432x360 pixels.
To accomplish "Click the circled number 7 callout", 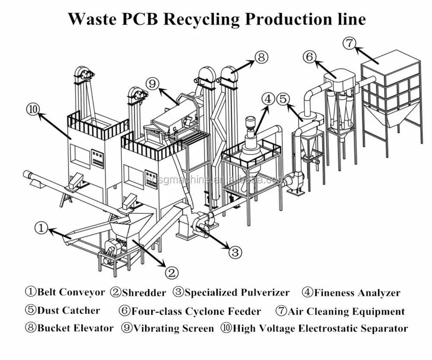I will pos(349,43).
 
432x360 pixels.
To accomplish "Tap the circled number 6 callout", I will pos(309,57).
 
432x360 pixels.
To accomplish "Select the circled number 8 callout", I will pos(261,57).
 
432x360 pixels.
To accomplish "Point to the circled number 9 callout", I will pos(152,82).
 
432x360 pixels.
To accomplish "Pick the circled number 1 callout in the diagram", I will pos(41,228).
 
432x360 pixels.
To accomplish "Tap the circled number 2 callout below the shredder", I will pos(172,272).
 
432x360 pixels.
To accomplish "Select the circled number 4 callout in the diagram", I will pos(269,99).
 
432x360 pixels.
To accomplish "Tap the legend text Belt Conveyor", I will pos(71,292).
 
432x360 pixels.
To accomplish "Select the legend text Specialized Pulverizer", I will pos(237,293).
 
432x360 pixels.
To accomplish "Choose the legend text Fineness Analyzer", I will pos(357,293).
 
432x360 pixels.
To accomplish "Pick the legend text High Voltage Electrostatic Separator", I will pos(320,328).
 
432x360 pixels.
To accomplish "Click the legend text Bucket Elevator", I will pos(75,328).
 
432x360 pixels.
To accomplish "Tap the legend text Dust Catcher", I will pos(68,310).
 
